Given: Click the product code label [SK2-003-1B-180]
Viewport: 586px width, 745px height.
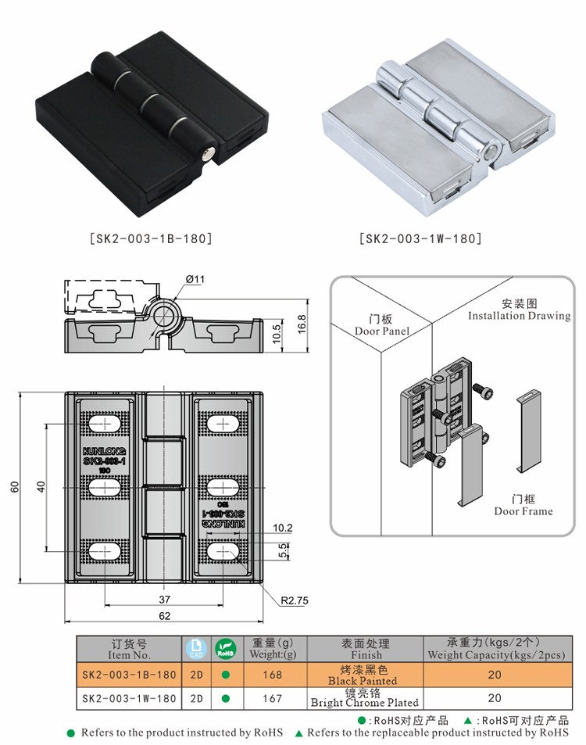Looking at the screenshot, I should (x=151, y=238).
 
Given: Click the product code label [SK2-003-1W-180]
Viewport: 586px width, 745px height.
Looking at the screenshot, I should (x=420, y=238).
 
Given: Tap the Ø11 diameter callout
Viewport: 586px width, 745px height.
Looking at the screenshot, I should (x=195, y=280).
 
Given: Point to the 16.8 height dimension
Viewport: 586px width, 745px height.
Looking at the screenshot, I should (x=302, y=322).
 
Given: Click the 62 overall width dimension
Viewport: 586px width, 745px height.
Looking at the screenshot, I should (x=164, y=615).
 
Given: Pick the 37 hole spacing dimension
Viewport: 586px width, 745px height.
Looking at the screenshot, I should (x=164, y=600).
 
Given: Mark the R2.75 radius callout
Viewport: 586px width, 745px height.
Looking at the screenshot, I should (x=295, y=600).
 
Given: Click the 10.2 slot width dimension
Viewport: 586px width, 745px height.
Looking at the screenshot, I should (x=283, y=528).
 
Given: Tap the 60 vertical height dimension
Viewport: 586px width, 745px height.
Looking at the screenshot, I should (x=15, y=486).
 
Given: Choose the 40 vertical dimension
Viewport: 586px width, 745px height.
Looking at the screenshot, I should (x=41, y=486).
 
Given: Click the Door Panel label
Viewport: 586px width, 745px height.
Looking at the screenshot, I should (x=382, y=325).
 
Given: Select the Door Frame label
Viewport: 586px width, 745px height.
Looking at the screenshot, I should (x=523, y=505).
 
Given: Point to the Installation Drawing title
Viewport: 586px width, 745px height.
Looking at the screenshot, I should (x=520, y=310).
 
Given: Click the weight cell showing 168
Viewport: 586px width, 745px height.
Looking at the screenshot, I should (x=272, y=675).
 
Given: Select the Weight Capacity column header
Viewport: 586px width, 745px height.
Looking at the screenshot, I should (x=495, y=649).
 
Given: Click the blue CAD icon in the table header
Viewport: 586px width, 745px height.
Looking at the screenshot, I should (x=194, y=649).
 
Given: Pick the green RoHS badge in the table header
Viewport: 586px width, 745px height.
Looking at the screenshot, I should (x=225, y=649).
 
